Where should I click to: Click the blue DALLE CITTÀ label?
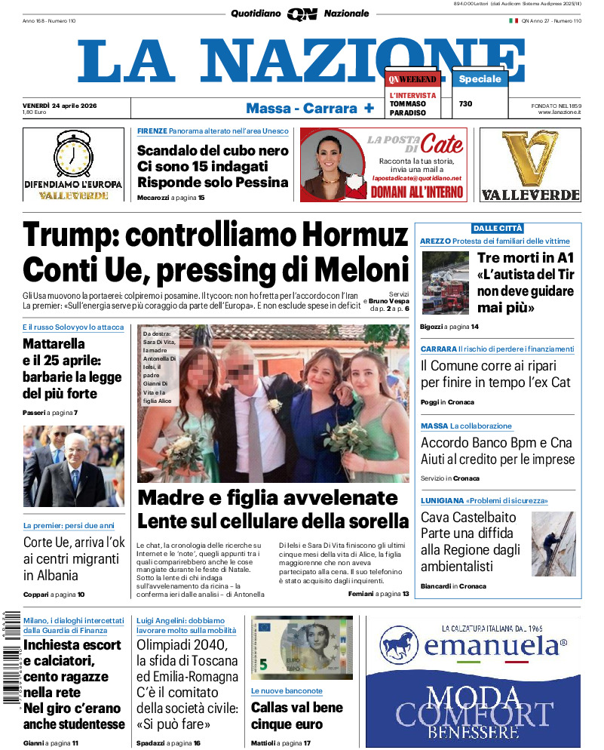coord(498,228)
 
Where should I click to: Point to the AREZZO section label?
coord(435,241)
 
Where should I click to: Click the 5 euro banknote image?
coord(302,647)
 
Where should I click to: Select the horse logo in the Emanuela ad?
coord(400,646)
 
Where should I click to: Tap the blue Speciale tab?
coord(480,79)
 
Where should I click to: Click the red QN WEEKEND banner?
coord(413,79)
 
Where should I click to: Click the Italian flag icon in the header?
coord(514,20)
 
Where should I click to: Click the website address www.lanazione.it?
coord(559,112)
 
